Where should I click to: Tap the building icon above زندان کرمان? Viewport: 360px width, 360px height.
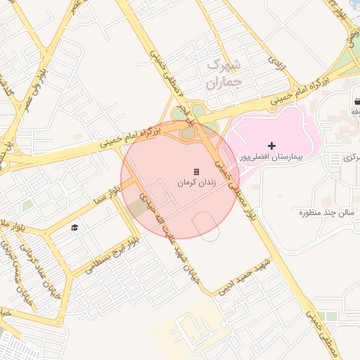coord(196,172)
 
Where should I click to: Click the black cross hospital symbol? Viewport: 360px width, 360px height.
coord(272,145)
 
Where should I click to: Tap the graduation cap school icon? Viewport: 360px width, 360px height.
coord(74,227)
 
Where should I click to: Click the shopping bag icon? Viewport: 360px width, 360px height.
coord(358,101)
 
